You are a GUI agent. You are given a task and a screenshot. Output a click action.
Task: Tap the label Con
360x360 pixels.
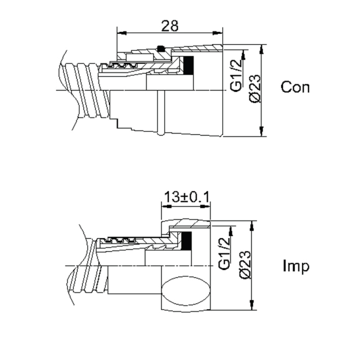click(x=295, y=88)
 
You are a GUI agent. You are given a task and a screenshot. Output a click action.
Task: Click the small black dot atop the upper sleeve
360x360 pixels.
click(x=159, y=49)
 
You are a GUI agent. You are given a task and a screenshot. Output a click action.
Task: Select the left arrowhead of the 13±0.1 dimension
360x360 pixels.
click(x=164, y=204)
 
